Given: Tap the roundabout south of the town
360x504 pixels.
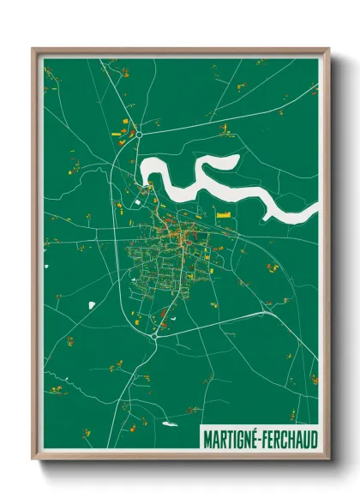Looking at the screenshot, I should [x=154, y=336].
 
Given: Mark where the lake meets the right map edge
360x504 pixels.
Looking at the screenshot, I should [x=316, y=209].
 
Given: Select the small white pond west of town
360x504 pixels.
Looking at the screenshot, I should [x=92, y=304].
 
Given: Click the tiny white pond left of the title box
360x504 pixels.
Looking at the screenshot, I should [x=170, y=423].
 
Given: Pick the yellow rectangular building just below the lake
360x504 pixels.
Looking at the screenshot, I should [x=225, y=214].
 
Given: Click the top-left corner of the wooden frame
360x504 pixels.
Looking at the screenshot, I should [x=33, y=48].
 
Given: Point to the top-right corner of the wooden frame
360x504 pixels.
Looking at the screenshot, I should [x=328, y=48].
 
